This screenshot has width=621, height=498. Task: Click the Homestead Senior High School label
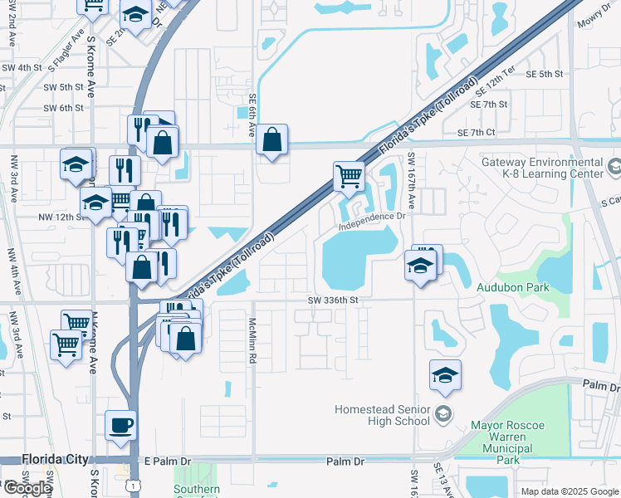click(382, 415)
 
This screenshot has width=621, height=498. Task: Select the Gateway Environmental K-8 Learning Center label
click(543, 168)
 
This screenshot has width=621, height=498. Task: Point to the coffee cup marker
click(121, 425)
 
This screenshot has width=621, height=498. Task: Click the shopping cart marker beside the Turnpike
click(349, 176)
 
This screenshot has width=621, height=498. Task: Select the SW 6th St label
click(63, 108)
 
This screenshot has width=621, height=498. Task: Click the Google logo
click(27, 488)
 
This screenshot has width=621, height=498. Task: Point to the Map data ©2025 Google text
click(570, 491)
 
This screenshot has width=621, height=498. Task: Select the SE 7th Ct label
click(476, 133)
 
